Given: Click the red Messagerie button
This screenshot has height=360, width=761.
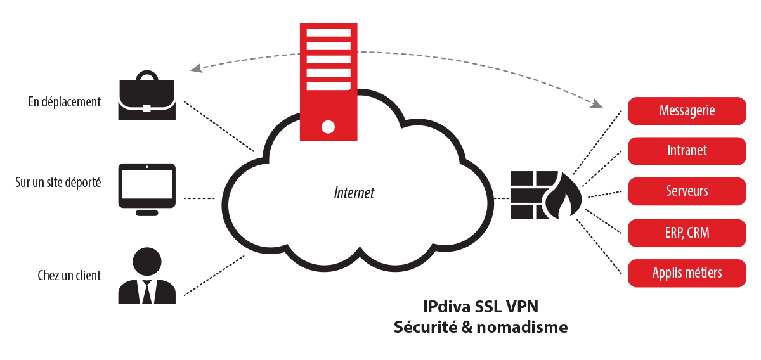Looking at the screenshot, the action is click(687, 111).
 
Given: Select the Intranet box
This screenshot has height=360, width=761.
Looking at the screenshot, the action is click(687, 151).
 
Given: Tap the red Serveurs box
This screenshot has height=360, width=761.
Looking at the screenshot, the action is click(687, 191).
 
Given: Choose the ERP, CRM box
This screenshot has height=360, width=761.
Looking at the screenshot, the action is click(687, 233).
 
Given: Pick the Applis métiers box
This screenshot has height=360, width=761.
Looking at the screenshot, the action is click(687, 273).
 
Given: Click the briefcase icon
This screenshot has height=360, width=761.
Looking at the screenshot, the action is click(146, 95).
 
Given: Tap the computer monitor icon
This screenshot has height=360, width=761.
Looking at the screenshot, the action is click(146, 190).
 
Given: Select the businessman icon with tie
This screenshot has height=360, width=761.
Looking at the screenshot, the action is click(146, 276).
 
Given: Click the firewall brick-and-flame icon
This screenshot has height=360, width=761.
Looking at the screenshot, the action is click(546, 195).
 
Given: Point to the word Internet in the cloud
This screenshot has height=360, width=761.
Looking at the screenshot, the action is click(354, 193).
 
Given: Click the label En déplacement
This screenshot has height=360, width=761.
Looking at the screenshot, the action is click(65, 102).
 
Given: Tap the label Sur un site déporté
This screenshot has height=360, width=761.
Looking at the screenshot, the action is click(58, 183).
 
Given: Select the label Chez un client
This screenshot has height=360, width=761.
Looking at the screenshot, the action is click(69, 276).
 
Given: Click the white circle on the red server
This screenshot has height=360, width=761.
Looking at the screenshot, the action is click(328, 127).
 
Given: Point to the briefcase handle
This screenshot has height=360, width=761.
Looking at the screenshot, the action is click(146, 75).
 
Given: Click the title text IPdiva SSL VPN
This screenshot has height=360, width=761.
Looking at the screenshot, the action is click(481, 307).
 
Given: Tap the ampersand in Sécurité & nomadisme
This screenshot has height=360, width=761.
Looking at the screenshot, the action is click(468, 327).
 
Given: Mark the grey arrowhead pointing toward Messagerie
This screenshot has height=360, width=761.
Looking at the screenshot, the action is click(597, 103).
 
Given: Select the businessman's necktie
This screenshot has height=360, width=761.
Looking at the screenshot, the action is click(146, 292).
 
